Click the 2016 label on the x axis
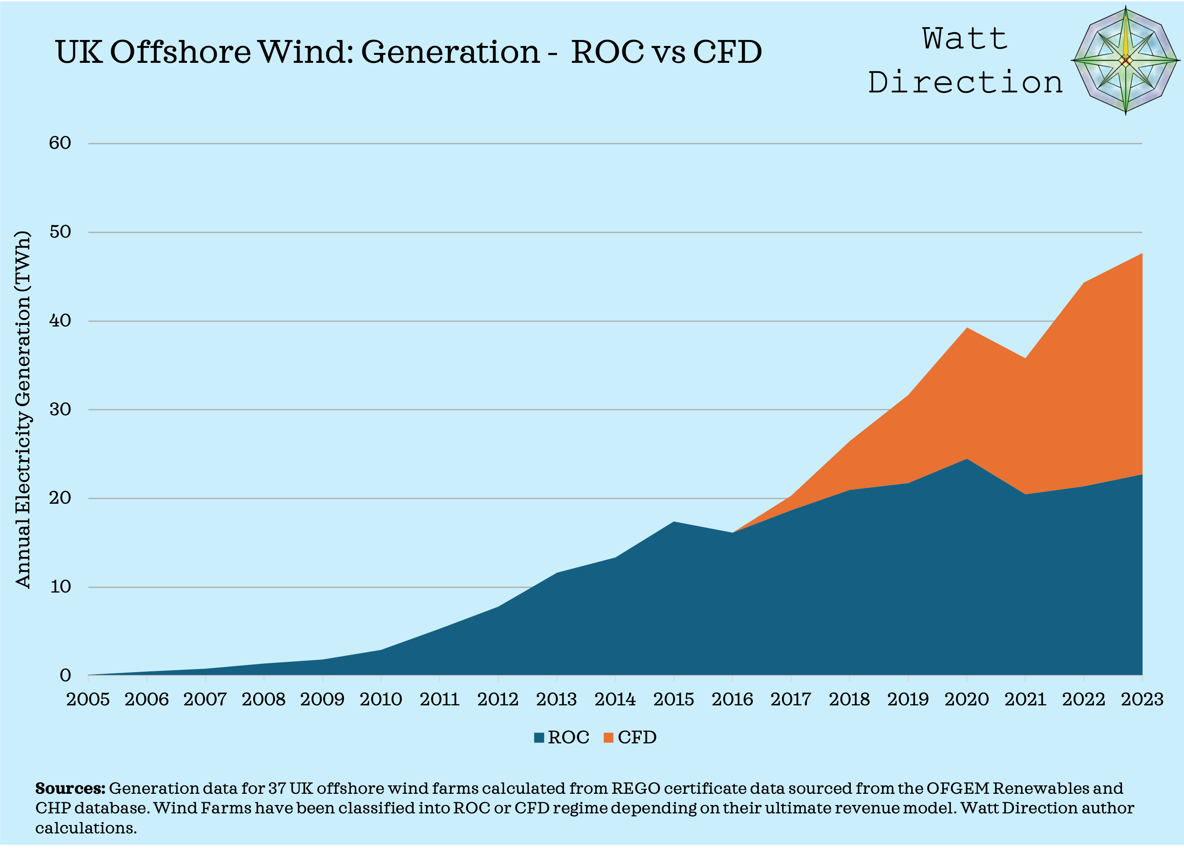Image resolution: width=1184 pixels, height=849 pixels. [x=732, y=699]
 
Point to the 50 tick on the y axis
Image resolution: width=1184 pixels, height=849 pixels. [x=60, y=232]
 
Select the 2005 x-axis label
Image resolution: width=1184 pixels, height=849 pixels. [x=88, y=699]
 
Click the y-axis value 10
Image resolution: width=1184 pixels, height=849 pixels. [x=60, y=587]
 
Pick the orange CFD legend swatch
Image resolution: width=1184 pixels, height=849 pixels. [x=608, y=738]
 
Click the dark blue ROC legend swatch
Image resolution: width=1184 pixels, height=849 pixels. [x=539, y=738]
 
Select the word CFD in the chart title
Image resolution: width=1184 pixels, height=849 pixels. [x=727, y=52]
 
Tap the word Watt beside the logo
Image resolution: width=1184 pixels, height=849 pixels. [x=965, y=39]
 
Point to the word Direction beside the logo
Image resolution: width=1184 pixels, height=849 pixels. [x=965, y=82]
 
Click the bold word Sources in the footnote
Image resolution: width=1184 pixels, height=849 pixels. [x=70, y=789]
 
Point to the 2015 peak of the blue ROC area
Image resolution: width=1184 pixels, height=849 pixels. [x=674, y=523]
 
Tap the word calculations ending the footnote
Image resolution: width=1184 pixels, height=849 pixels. [x=86, y=829]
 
